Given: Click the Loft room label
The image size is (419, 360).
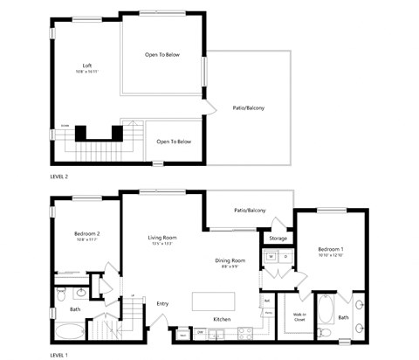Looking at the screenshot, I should (87, 66).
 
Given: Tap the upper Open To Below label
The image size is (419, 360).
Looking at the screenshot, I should (162, 55).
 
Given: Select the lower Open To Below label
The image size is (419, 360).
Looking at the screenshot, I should (174, 141).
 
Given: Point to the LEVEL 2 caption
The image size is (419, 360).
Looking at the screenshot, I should (60, 177).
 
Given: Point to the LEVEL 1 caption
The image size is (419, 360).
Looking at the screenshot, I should (59, 355).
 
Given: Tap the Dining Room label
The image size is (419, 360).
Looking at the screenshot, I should (231, 260).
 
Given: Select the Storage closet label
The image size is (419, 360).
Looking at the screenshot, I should (278, 239).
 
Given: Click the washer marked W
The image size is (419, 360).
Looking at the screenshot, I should (271, 257).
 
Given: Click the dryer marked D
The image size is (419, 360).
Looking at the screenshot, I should (285, 257).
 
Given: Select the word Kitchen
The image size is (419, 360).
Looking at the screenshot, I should (222, 319).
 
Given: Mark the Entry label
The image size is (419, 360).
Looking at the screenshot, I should (162, 303).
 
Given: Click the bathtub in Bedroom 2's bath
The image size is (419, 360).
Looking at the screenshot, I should (69, 332).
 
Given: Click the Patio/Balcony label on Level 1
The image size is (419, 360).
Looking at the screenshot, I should (250, 211).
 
